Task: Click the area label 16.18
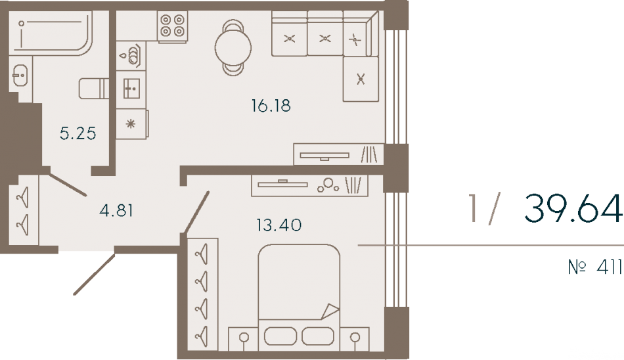[x=271, y=106]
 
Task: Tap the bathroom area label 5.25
[x=78, y=133]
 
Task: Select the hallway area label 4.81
[x=116, y=210]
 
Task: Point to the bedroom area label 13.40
[x=279, y=225]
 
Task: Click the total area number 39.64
[x=573, y=208]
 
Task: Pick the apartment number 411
[x=610, y=267]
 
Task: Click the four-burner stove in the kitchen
[x=173, y=26]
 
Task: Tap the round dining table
[x=233, y=48]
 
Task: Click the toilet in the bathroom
[x=94, y=89]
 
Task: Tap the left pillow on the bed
[x=280, y=336]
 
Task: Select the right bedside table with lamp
[x=355, y=339]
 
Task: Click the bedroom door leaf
[x=196, y=212]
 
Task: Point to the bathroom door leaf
[x=67, y=184]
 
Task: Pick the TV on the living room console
[x=324, y=156]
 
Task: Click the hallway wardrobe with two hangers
[x=24, y=210]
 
